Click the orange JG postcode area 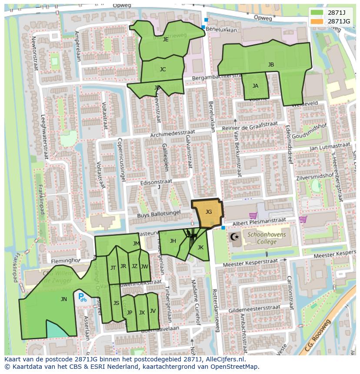tap(207, 213)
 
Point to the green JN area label tap(64, 299)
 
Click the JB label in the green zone tap(271, 65)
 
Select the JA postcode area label tap(255, 86)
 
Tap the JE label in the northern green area tap(166, 39)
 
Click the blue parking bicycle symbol tap(82, 298)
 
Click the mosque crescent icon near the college tap(235, 238)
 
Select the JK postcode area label tap(200, 247)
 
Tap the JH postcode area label tap(173, 241)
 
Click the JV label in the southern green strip tap(153, 311)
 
